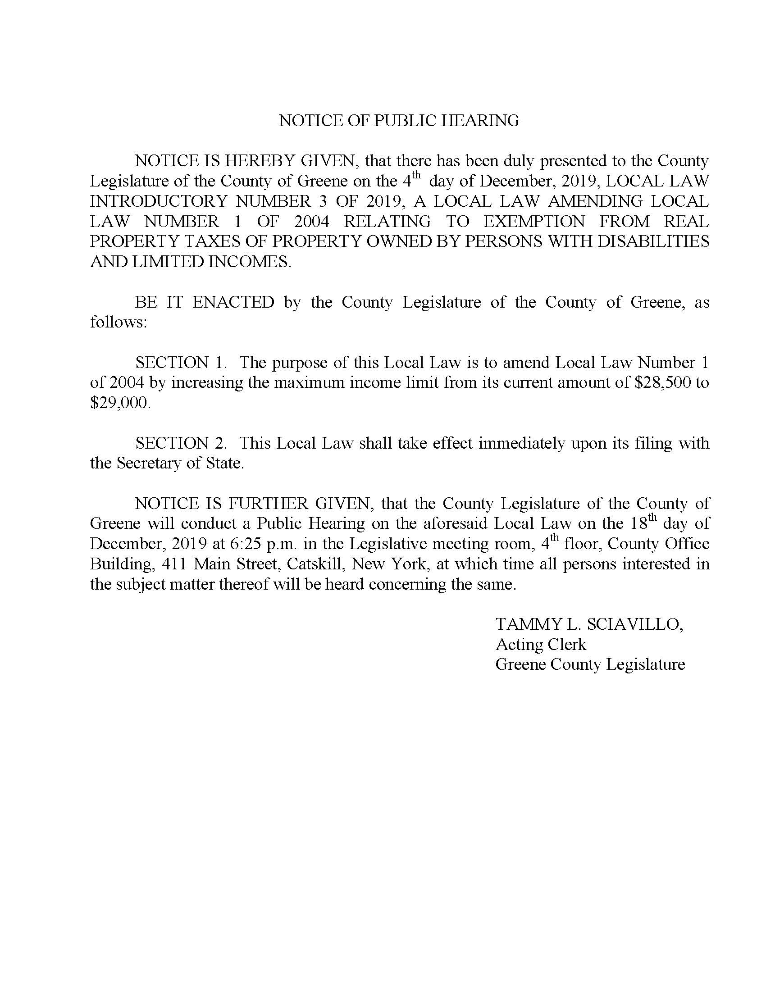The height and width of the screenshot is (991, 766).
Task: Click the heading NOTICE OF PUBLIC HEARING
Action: (399, 121)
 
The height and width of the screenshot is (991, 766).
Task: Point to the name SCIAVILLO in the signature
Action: (635, 624)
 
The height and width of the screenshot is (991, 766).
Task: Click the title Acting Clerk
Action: (540, 644)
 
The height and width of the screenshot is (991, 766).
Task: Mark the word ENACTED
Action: (233, 302)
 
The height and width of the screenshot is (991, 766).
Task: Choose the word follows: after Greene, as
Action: (119, 322)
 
